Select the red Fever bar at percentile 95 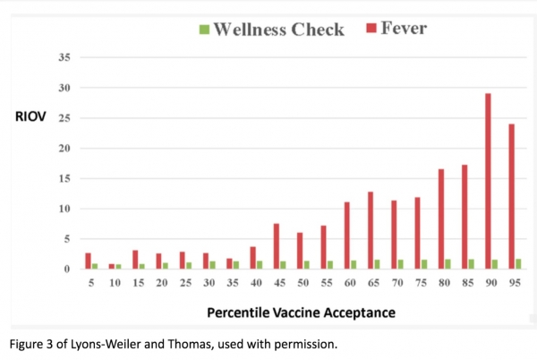point(512,196)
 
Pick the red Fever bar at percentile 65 point(371,230)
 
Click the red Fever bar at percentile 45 point(277,246)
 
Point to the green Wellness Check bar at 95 point(520,264)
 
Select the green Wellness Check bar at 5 point(95,266)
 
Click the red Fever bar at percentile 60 point(347,236)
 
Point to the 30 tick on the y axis point(63,88)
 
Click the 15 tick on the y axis point(63,178)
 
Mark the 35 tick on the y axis point(63,57)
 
